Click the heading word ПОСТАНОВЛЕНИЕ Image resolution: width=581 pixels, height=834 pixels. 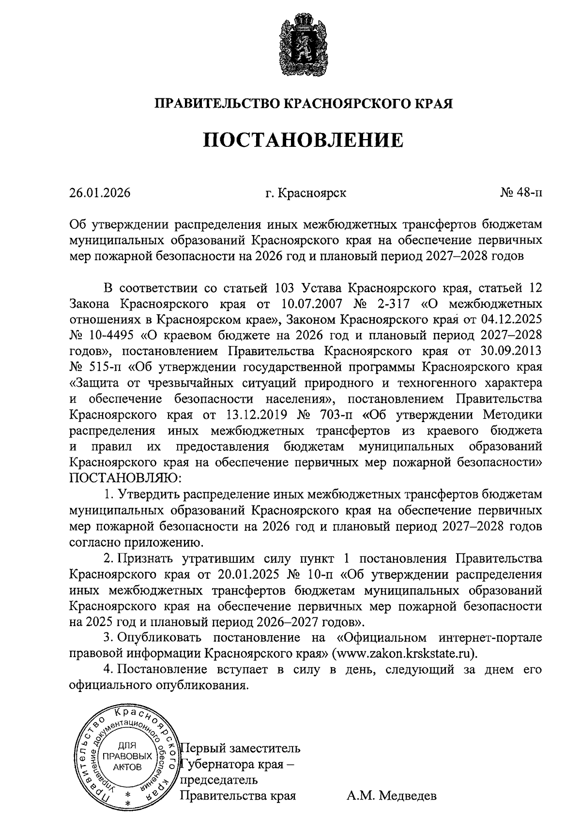pos(303,140)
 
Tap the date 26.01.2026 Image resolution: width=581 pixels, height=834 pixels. pos(100,193)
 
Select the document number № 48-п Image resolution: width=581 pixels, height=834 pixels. pos(521,193)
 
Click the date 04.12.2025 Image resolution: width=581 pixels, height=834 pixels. pos(510,320)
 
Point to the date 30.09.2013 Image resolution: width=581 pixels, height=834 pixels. pos(510,351)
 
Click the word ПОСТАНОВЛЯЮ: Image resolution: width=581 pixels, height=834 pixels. pos(125,478)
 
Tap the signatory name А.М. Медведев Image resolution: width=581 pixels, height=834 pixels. pos(391,796)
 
